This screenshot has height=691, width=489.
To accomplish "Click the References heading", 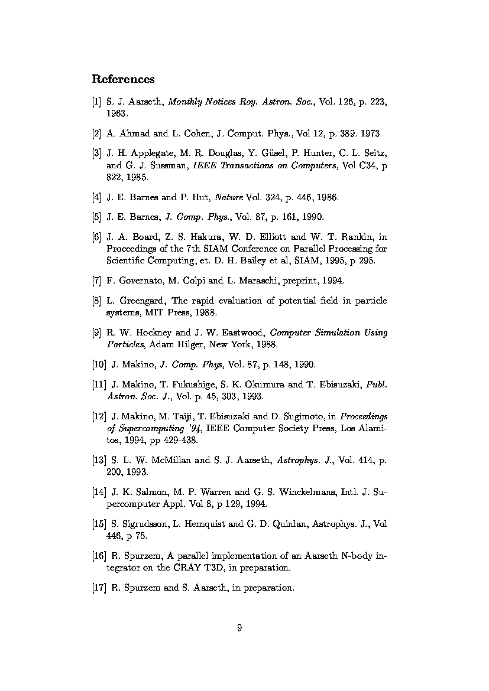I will point(123,79).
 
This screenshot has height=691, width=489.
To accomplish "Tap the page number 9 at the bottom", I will point(239,628).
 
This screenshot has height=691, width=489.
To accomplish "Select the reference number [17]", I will point(99,588).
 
